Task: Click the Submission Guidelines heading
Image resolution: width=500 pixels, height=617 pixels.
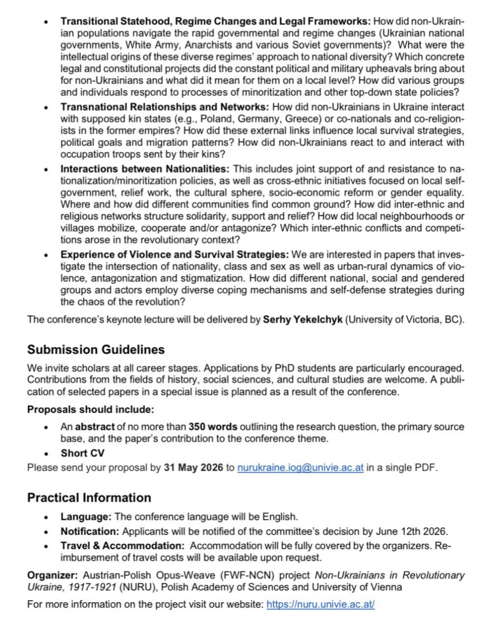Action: tap(96, 349)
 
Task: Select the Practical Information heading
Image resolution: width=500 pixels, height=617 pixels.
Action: tap(89, 498)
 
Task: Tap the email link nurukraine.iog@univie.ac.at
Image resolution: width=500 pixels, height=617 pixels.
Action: tap(300, 468)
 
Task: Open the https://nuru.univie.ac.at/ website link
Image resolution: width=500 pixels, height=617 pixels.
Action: tap(320, 604)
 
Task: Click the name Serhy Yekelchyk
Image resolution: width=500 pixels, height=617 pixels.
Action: tap(302, 319)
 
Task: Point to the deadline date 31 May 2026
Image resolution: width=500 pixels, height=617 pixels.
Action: tap(193, 468)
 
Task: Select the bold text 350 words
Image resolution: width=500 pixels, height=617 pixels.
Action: tap(213, 427)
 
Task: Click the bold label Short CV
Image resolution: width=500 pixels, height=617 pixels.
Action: tap(82, 453)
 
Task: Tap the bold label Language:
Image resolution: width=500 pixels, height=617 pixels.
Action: tap(86, 517)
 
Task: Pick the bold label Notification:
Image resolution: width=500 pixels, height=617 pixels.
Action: tap(90, 531)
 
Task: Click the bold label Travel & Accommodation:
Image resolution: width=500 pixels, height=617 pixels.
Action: tap(122, 546)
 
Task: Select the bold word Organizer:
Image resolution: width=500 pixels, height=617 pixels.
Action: tap(53, 575)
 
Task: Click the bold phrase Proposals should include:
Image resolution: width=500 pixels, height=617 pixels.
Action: tap(91, 410)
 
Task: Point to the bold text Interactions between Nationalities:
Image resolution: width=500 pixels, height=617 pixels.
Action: tap(145, 169)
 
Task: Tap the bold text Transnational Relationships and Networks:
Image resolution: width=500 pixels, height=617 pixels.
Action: tap(165, 107)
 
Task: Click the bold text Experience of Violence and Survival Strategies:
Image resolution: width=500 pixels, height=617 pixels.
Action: tap(174, 255)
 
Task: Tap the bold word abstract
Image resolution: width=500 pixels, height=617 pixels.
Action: tap(95, 427)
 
